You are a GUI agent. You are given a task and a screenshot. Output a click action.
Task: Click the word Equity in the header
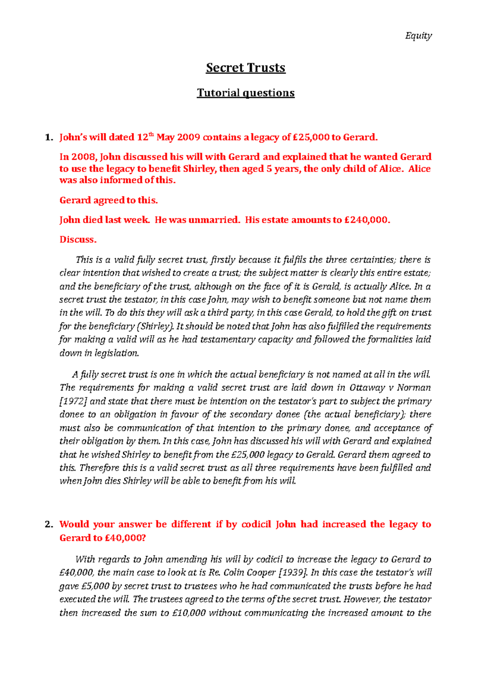[418, 36]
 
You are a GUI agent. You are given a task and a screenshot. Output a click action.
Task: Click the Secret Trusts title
[245, 68]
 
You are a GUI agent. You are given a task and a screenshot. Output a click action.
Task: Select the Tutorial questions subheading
[245, 93]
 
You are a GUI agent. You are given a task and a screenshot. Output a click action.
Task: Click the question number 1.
[49, 138]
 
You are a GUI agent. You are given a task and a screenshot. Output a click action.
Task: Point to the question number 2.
[49, 525]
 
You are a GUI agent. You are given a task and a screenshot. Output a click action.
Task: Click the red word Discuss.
[78, 240]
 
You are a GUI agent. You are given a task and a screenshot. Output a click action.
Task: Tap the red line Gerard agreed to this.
[108, 201]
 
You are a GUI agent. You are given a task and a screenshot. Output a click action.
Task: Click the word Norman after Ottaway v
[414, 388]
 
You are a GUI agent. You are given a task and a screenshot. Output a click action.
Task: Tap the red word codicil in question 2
[256, 525]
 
